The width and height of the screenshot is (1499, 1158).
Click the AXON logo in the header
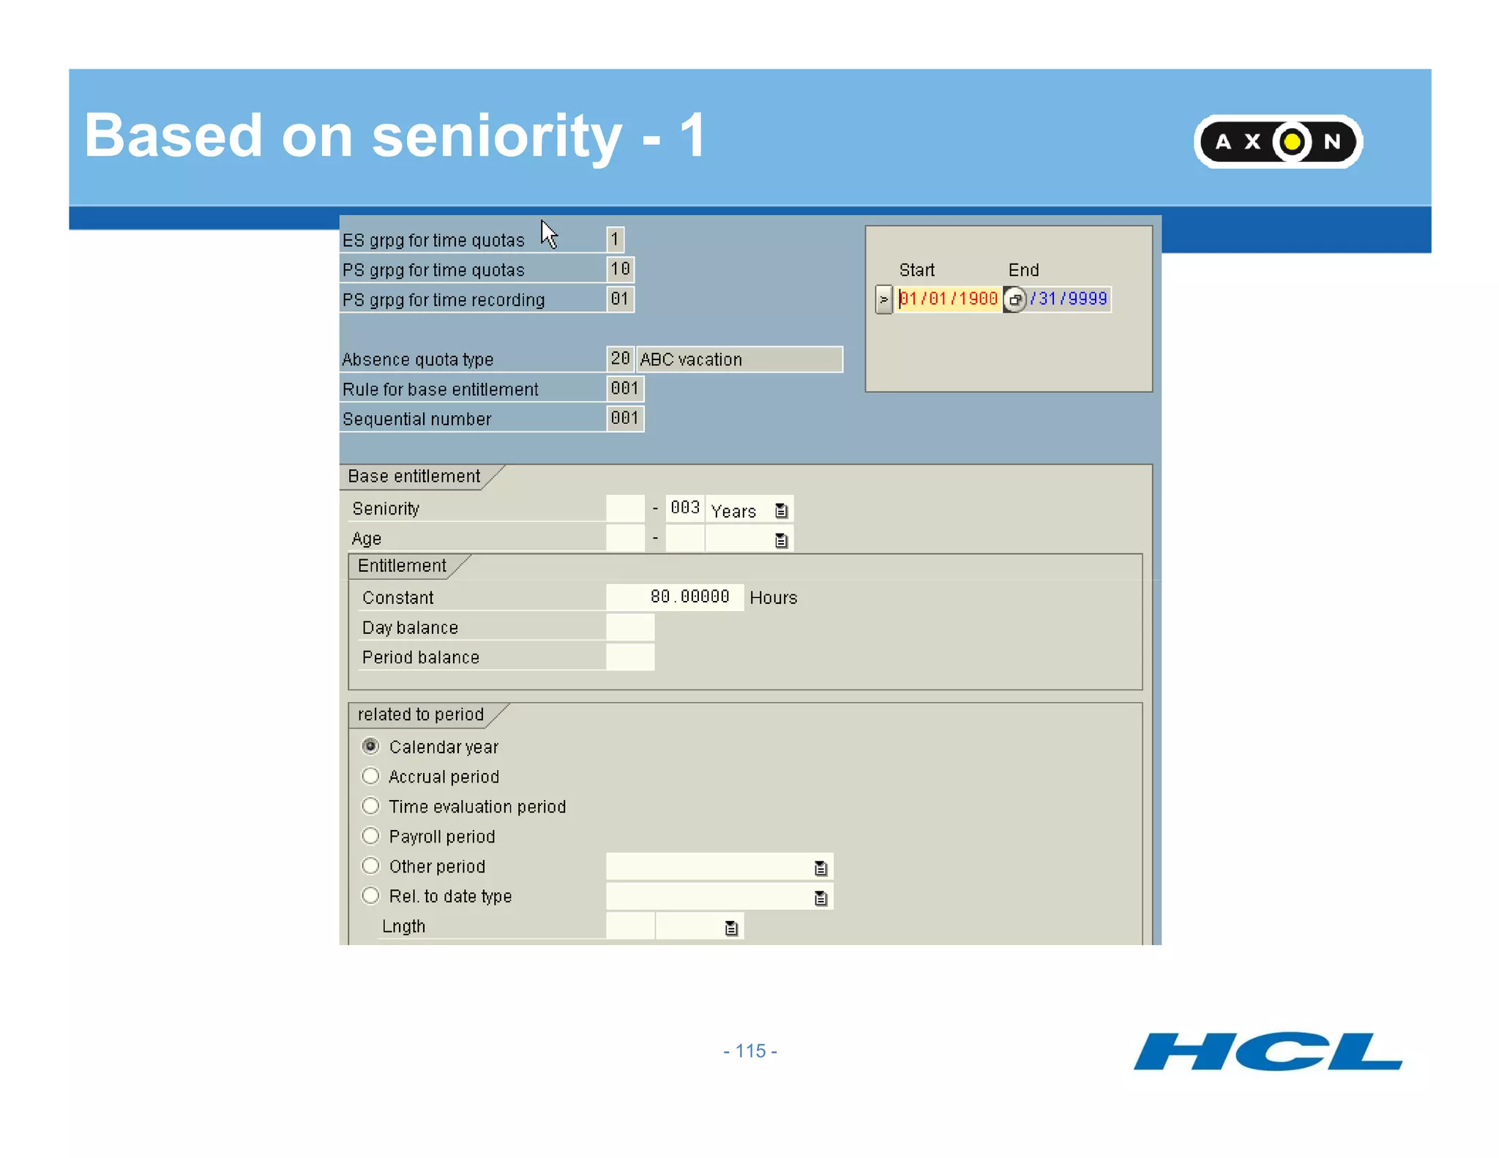coord(1277,141)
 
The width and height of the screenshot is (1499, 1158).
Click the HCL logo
coord(1267,1051)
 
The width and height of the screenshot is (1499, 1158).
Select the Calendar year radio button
coord(371,746)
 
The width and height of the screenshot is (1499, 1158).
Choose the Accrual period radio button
coord(371,776)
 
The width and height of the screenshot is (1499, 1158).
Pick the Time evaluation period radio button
coord(371,806)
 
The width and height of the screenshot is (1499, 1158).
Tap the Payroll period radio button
coord(371,836)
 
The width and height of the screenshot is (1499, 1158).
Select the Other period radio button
coord(371,866)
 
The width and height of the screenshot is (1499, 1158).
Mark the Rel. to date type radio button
coord(371,896)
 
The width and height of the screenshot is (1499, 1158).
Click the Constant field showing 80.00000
coord(674,597)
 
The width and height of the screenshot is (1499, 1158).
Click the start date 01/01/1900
coord(949,299)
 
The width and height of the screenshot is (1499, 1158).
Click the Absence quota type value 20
coord(620,359)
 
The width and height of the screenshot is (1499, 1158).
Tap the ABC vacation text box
coord(739,359)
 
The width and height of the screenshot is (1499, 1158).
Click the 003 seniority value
coord(685,508)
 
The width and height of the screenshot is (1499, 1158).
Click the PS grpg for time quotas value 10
coord(620,269)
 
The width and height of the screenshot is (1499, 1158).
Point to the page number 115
coord(750,1051)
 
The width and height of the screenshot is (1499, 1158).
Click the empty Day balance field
coord(630,627)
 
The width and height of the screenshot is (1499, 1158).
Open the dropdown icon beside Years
coord(782,510)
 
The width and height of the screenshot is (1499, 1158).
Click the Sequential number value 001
coord(624,419)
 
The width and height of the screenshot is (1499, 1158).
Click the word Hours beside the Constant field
coord(773,598)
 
